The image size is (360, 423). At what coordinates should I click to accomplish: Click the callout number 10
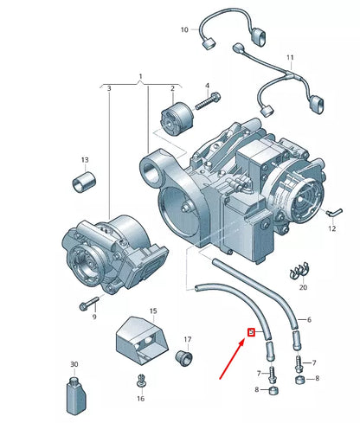(x=184, y=29)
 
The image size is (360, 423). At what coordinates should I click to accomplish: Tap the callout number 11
(x=290, y=57)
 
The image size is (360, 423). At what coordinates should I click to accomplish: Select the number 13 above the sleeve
(x=85, y=160)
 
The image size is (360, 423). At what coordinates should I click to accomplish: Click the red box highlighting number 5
(x=252, y=332)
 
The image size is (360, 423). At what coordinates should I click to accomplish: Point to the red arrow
(x=233, y=358)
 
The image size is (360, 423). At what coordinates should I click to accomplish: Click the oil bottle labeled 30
(x=75, y=394)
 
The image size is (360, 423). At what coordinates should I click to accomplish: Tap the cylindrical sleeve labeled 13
(x=84, y=182)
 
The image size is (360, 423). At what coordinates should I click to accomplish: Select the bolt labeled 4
(x=208, y=100)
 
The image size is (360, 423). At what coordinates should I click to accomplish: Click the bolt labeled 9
(x=89, y=304)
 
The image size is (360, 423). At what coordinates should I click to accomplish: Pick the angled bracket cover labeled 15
(x=142, y=340)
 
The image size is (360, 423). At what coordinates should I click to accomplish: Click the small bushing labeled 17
(x=184, y=358)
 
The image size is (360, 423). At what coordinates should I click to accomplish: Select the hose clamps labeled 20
(x=299, y=272)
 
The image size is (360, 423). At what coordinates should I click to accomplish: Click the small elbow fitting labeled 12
(x=334, y=212)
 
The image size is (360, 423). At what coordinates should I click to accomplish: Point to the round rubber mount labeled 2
(x=177, y=118)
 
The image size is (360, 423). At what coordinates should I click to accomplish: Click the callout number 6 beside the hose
(x=309, y=319)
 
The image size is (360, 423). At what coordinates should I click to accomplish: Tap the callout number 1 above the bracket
(x=140, y=77)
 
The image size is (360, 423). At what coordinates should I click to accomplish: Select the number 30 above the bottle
(x=74, y=364)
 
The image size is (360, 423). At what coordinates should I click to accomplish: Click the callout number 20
(x=303, y=287)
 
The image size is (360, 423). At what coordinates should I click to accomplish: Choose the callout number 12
(x=332, y=228)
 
